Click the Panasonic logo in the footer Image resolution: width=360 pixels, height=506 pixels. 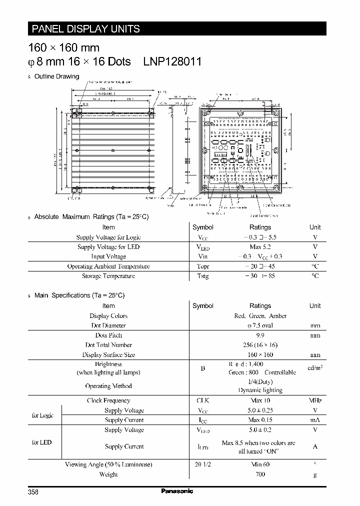point(177,491)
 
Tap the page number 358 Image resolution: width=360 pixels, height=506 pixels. point(33,492)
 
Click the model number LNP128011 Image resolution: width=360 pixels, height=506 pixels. point(172,61)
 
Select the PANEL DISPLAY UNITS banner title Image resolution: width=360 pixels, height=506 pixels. point(86,29)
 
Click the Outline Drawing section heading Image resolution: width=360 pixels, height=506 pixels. point(56,76)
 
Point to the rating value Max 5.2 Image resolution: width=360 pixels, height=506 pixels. point(260,247)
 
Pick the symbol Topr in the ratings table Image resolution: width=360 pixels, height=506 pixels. point(202,266)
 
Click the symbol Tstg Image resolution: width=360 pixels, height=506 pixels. point(202,276)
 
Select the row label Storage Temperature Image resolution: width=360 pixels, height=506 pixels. point(108,276)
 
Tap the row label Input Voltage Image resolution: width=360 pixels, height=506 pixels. point(108,256)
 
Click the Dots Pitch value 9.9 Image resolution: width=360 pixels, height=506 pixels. point(260,335)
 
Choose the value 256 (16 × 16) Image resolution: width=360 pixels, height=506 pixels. point(260,345)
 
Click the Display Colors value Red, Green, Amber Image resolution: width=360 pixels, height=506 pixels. point(260,316)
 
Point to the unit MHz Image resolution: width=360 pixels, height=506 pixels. point(315,400)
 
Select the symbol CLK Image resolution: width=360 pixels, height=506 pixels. point(202,400)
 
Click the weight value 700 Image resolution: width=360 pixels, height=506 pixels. point(260,474)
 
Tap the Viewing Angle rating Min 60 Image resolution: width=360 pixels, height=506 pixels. point(260,464)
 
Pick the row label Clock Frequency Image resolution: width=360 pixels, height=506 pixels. point(108,400)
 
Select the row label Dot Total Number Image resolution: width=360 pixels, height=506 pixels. point(108,345)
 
